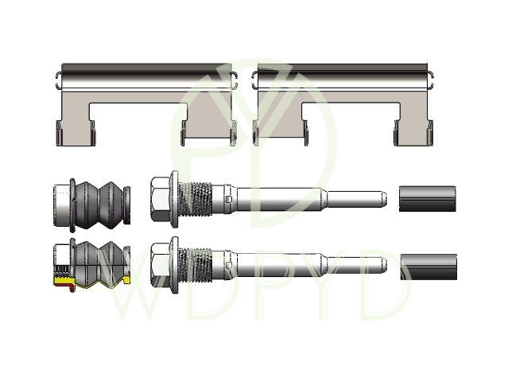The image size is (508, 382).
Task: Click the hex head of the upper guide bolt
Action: pyautogui.click(x=160, y=199)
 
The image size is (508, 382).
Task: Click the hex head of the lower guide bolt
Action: pyautogui.click(x=160, y=264)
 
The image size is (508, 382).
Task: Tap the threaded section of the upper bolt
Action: pyautogui.click(x=196, y=199)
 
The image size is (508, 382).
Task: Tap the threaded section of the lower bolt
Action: pyautogui.click(x=196, y=265)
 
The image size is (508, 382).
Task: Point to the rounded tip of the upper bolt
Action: pyautogui.click(x=384, y=197)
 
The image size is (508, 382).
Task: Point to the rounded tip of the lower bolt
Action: pyautogui.click(x=384, y=263)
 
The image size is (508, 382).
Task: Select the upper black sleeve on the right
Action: pyautogui.click(x=428, y=199)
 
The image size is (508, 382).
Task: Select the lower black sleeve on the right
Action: pyautogui.click(x=429, y=267)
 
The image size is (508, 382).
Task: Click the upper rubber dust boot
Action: pyautogui.click(x=100, y=205)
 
